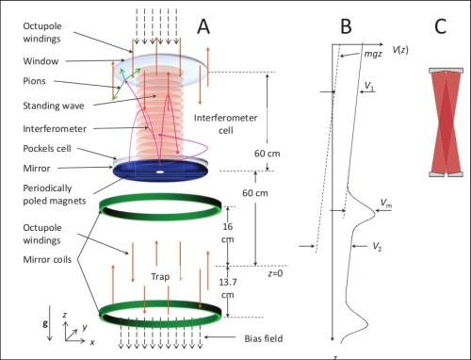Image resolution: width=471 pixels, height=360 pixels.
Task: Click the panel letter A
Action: (203, 26)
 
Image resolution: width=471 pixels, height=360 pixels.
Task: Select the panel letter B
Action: (346, 26)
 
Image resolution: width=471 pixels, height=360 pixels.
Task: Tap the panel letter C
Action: (440, 26)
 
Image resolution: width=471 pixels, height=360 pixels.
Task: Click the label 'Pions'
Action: (34, 81)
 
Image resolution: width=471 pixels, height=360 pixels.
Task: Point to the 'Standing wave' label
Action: (54, 106)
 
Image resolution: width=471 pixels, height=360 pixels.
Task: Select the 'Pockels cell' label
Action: (47, 148)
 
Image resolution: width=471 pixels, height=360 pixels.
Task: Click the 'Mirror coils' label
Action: (47, 259)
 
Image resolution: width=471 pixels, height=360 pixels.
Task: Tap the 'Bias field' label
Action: (264, 338)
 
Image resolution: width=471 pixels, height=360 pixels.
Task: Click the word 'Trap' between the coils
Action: (160, 276)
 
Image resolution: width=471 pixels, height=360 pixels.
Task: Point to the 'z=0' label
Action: (275, 273)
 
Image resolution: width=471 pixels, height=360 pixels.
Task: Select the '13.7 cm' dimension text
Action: (228, 288)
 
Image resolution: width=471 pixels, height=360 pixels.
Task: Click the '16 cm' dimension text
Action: (228, 233)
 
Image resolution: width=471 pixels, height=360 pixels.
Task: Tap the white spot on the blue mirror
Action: (160, 172)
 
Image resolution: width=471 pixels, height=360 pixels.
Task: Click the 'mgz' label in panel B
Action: (373, 54)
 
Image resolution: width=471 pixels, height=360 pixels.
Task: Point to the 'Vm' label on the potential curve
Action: (386, 204)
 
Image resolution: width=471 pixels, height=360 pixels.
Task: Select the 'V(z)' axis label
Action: (400, 49)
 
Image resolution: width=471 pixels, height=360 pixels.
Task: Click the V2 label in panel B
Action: (377, 247)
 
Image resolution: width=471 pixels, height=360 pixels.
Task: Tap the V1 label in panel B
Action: (369, 86)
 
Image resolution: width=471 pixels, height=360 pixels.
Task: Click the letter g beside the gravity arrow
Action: (45, 323)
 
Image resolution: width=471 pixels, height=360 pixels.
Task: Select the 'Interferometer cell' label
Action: (225, 123)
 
